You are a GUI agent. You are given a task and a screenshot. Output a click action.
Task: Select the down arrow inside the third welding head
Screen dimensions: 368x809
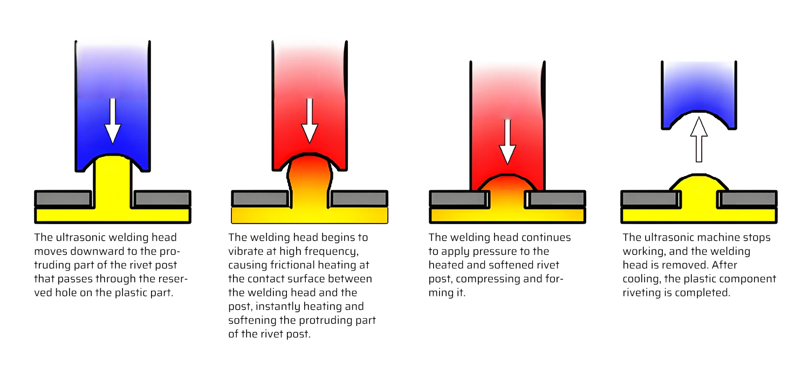coord(506,141)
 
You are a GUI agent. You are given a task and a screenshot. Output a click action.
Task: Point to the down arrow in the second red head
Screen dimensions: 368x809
coord(309,122)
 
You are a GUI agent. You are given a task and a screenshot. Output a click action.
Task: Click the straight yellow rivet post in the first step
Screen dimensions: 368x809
coord(113,183)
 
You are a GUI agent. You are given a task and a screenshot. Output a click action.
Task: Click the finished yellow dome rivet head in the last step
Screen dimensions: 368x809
coord(699,186)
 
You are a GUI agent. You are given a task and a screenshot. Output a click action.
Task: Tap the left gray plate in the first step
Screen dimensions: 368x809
coord(63,199)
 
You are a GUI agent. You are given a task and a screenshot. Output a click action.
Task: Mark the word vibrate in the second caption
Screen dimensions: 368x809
coord(246,251)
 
